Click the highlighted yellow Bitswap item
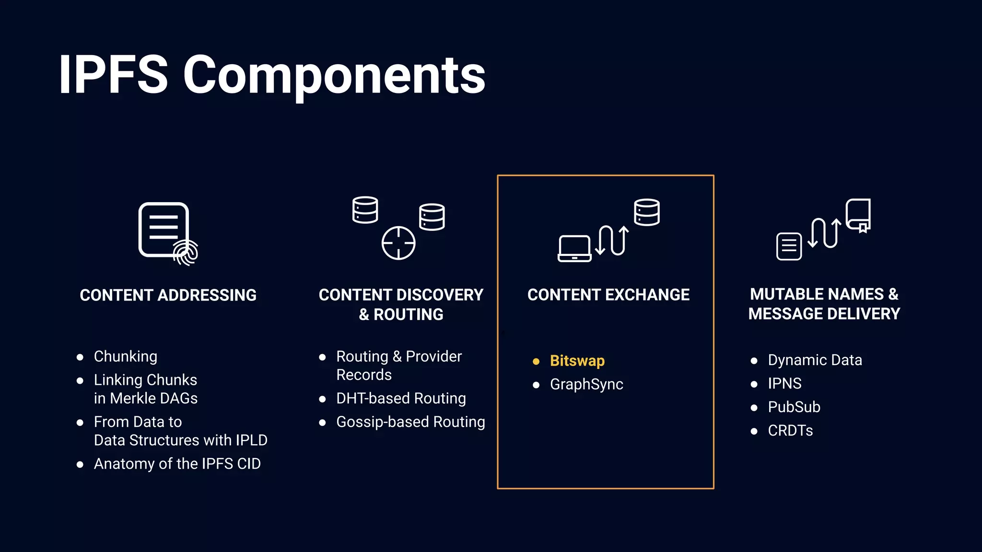coord(577,361)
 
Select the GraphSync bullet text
coord(586,384)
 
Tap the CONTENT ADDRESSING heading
coord(168,295)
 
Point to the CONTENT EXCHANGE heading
coord(608,295)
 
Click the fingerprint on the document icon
coord(186,252)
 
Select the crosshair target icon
coord(398,243)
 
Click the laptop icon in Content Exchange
coord(574,249)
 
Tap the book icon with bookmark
coord(858,215)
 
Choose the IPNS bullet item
coord(784,383)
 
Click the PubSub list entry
coord(794,407)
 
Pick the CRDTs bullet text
coord(790,430)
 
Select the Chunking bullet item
coord(125,356)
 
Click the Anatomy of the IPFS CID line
coord(177,464)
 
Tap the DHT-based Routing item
coord(401,398)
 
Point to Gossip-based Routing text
coord(410,422)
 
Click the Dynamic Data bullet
coord(815,360)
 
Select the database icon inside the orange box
coord(646,212)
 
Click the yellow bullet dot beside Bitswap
coord(536,361)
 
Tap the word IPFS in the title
coord(113,76)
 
